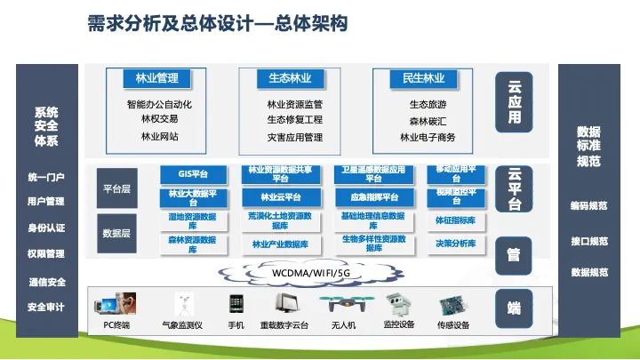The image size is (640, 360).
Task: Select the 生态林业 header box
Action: click(284, 79)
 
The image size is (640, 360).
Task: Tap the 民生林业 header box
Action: click(417, 79)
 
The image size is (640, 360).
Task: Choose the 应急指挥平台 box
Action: click(373, 196)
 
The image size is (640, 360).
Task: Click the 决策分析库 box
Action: click(455, 243)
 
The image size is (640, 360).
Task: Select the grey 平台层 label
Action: click(117, 189)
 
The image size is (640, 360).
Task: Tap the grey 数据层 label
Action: click(117, 233)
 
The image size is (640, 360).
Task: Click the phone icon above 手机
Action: click(236, 304)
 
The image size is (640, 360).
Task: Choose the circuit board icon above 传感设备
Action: click(453, 303)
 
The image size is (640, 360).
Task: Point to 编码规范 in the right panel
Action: click(588, 205)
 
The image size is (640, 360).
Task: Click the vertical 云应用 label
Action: click(514, 103)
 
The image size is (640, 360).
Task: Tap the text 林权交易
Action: click(159, 119)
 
